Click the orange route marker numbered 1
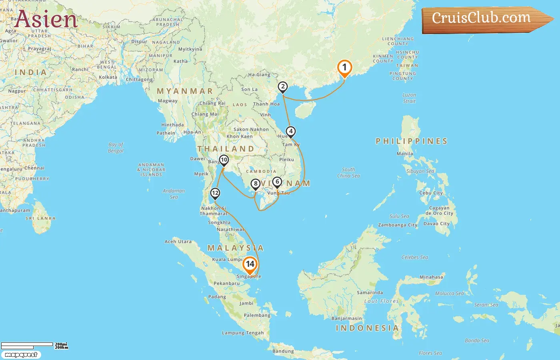pos(344,68)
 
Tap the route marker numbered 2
pos(283,87)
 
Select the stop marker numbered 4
pos(291,132)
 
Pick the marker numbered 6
pos(277,182)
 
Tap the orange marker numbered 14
pos(250,264)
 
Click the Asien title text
pos(46,19)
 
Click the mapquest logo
pos(21,355)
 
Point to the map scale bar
pos(27,344)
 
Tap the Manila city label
pos(405,154)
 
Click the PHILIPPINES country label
pos(411,141)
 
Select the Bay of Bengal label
pos(116,148)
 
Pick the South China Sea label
pos(348,172)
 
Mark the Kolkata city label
pos(108,77)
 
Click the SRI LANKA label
pos(40,218)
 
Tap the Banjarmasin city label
pos(346,318)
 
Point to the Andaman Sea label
pos(174,194)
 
